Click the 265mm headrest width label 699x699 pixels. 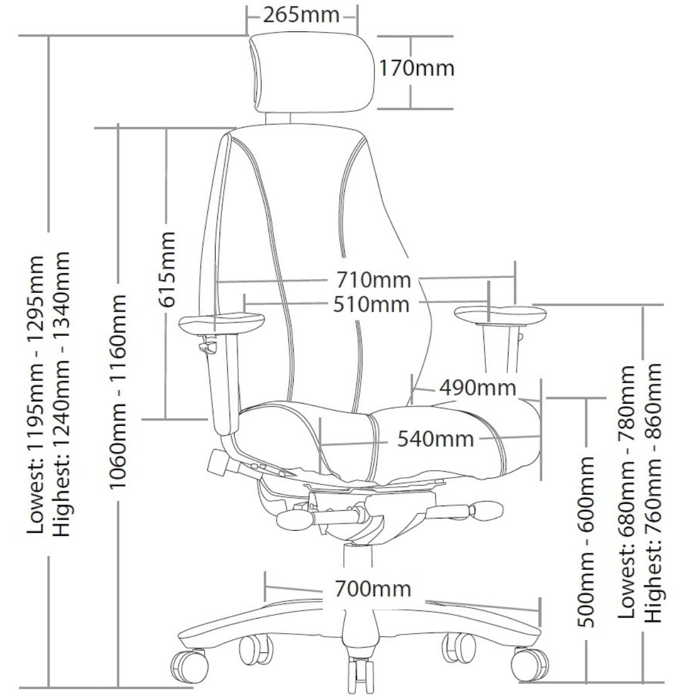pyautogui.click(x=301, y=15)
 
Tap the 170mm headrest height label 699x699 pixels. pyautogui.click(x=416, y=68)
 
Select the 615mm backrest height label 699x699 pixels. pyautogui.click(x=167, y=269)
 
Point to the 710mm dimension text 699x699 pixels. pyautogui.click(x=373, y=280)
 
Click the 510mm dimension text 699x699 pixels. pyautogui.click(x=371, y=304)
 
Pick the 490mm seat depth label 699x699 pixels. pyautogui.click(x=478, y=387)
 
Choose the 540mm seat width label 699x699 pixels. pyautogui.click(x=436, y=438)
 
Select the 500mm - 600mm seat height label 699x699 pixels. pyautogui.click(x=586, y=542)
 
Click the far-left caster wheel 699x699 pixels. pyautogui.click(x=189, y=664)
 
